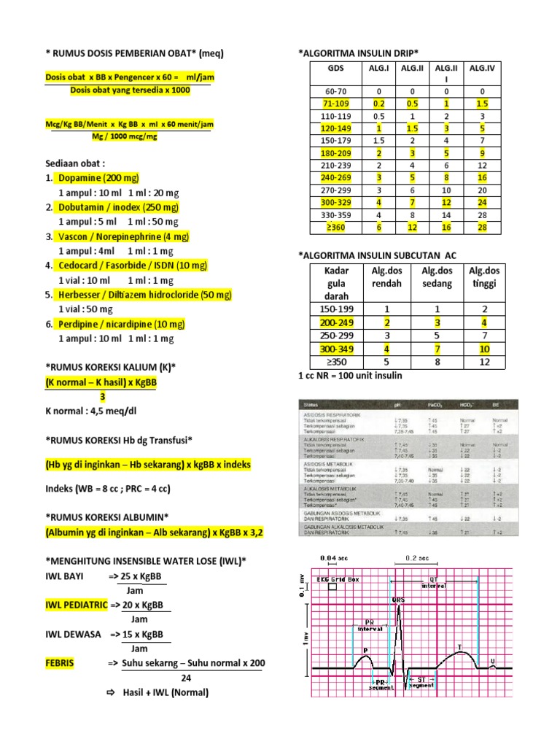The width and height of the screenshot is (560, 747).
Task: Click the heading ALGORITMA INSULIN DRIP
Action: tap(358, 53)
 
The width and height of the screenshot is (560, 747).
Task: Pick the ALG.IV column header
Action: tap(482, 68)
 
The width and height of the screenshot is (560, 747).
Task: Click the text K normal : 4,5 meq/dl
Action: tap(91, 411)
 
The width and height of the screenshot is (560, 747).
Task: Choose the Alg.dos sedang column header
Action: tap(437, 277)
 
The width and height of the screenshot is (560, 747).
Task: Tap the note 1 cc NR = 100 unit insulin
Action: tap(350, 376)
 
